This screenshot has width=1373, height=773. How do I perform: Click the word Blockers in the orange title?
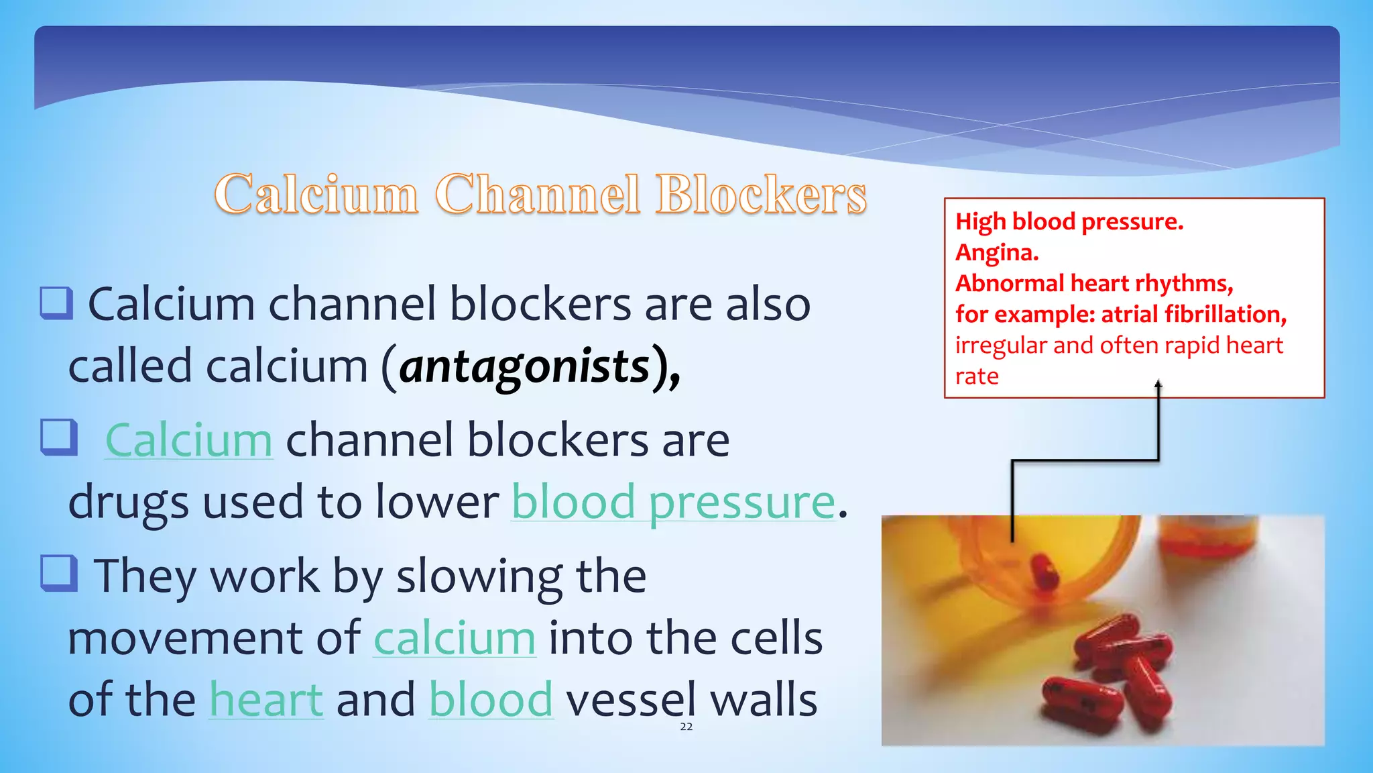761,195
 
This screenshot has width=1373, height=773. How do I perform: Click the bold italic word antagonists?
525,367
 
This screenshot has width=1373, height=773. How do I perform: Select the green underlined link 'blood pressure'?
673,502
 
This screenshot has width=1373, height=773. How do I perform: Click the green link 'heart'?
266,700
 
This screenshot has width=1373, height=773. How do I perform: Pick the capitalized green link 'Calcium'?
188,441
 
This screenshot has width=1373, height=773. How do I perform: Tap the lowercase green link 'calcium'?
455,638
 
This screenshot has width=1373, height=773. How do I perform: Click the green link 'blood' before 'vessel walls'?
491,700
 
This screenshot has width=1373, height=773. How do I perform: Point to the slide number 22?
686,727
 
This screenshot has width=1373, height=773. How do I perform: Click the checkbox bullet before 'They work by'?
59,574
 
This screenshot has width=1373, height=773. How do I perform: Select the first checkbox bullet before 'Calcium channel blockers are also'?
56,303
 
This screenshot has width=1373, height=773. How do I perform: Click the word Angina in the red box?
996,252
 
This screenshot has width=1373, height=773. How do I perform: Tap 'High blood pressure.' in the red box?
1069,221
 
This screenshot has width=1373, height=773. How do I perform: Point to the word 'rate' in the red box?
976,376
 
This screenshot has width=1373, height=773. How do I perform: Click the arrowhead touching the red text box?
1158,385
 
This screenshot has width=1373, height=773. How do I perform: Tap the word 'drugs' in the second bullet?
128,503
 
